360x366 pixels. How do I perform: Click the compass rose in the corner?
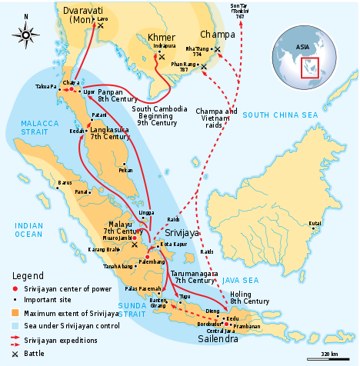pos(27,34)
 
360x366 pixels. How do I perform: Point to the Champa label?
pos(217,35)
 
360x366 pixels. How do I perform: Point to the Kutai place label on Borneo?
pos(315,224)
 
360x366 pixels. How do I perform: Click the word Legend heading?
pos(28,274)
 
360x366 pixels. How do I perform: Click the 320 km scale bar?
pos(329,356)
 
